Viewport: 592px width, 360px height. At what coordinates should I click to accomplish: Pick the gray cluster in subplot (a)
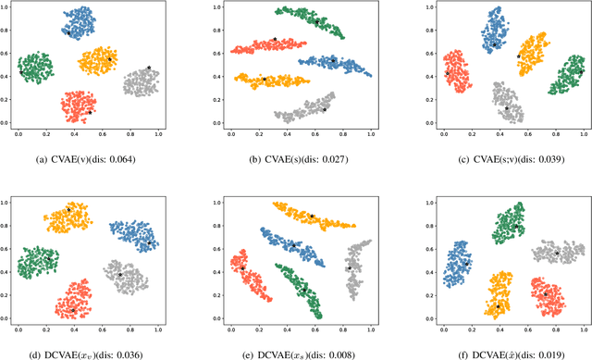pyautogui.click(x=141, y=81)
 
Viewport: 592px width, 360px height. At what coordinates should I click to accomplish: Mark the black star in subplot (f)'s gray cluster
pyautogui.click(x=557, y=252)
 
